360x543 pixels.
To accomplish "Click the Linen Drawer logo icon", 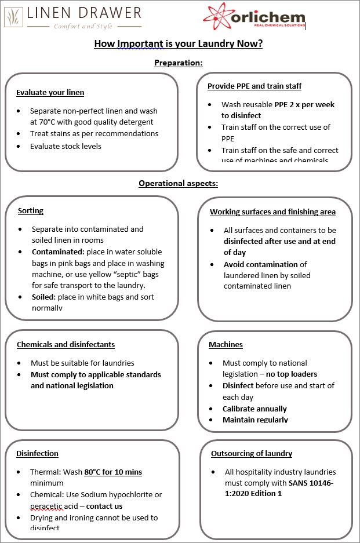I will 14,17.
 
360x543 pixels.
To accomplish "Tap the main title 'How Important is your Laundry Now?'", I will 179,44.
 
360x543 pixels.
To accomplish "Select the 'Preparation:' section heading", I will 179,63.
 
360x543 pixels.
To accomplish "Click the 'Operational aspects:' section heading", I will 179,184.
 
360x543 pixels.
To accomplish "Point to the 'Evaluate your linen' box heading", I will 50,93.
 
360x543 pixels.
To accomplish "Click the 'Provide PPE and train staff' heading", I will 254,86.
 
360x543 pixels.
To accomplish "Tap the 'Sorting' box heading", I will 31,211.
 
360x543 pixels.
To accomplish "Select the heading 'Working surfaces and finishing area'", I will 272,212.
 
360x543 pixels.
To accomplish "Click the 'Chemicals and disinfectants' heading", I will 66,345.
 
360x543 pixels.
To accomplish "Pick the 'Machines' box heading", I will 226,345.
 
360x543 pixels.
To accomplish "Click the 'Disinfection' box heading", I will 37,454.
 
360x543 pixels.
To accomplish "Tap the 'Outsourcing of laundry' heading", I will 251,454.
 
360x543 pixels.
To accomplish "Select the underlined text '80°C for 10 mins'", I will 113,472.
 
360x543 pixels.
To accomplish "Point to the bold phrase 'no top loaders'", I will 292,374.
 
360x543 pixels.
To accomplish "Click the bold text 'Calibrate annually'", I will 254,409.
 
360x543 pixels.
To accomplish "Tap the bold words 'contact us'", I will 104,506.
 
